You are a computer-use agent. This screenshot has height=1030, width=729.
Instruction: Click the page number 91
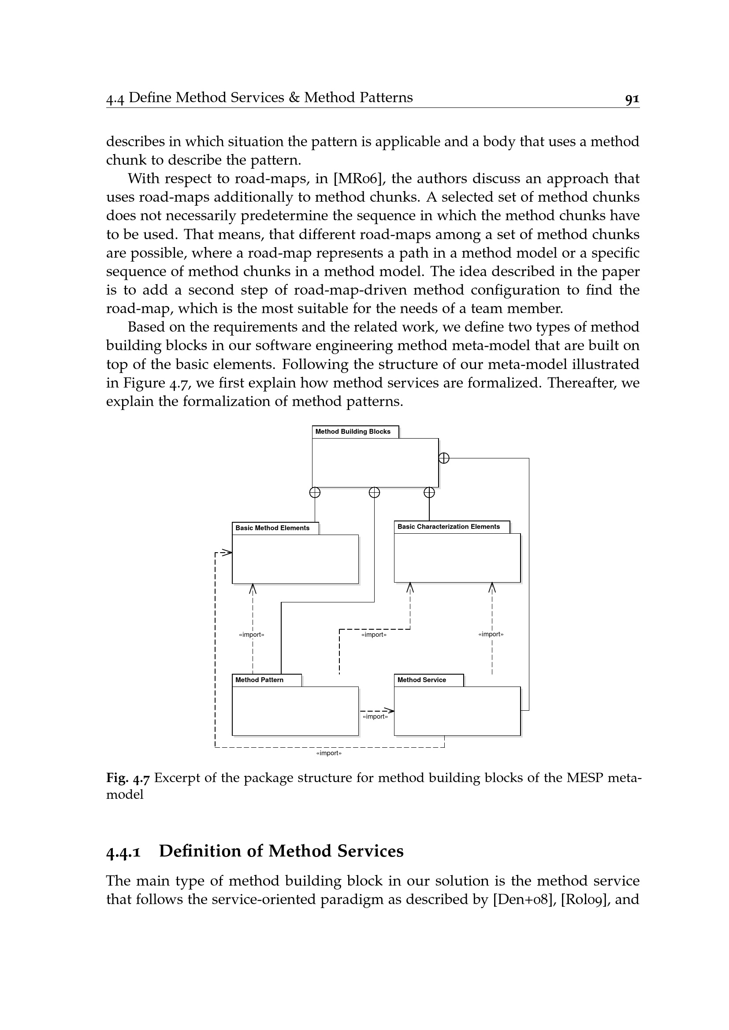(x=632, y=99)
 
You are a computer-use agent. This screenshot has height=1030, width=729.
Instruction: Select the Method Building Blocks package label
(x=353, y=432)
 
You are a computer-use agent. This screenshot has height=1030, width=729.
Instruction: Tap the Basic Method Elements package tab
(x=272, y=528)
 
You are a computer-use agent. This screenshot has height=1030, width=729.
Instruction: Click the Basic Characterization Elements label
(x=448, y=527)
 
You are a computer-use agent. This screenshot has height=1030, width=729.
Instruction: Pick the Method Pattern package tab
(x=260, y=680)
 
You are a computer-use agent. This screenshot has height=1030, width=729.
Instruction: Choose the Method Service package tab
(x=421, y=680)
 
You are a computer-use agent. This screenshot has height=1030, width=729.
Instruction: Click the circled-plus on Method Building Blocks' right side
(x=443, y=458)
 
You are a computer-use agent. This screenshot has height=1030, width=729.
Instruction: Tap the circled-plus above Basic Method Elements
(x=315, y=493)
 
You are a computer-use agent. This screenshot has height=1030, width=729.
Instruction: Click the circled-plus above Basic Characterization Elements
(x=429, y=493)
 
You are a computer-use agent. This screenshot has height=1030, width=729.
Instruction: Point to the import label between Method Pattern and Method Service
(x=375, y=716)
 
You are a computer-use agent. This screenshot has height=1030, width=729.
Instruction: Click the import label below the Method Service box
(x=329, y=753)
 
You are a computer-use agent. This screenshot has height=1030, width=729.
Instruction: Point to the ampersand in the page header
(x=294, y=98)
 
